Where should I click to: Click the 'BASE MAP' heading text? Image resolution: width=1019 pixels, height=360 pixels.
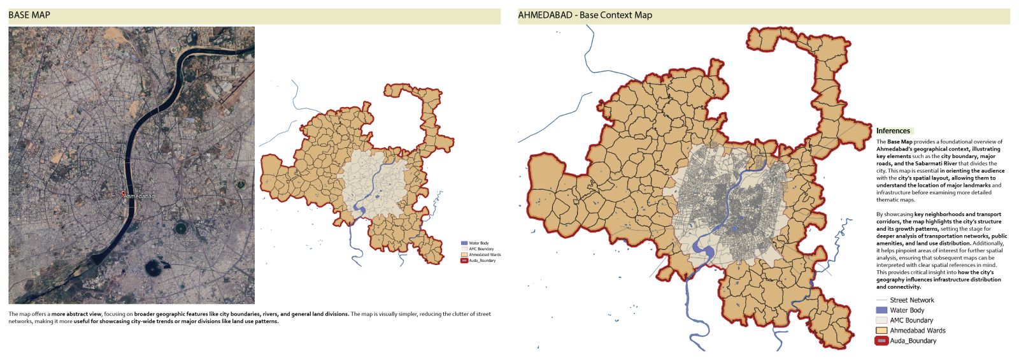(x=29, y=15)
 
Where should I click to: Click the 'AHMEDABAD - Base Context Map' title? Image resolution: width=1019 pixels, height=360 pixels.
(x=585, y=15)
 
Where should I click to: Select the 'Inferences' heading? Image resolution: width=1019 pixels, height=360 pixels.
(x=893, y=131)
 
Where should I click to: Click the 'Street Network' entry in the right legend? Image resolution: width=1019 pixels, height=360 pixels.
(x=911, y=300)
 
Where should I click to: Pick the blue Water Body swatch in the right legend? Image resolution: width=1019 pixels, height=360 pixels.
(x=881, y=310)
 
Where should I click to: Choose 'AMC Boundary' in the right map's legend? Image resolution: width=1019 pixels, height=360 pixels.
(x=911, y=320)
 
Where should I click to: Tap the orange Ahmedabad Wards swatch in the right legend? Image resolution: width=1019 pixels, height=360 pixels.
(x=881, y=331)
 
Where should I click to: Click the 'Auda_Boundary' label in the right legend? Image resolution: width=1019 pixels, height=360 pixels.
(x=913, y=341)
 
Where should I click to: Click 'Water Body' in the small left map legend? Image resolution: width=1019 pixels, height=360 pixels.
(x=479, y=243)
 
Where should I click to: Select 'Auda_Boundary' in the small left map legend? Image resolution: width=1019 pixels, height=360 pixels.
(x=482, y=261)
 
